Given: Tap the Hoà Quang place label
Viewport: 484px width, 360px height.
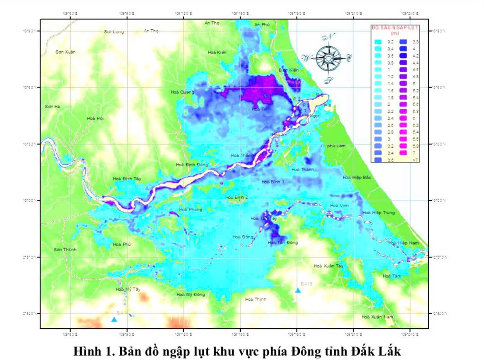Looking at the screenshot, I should [x=182, y=92].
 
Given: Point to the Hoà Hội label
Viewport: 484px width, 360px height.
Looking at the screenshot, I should [x=95, y=118].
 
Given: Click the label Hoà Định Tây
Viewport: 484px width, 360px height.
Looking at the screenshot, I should [x=127, y=179].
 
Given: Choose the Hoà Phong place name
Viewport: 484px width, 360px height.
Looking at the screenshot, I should [x=190, y=210].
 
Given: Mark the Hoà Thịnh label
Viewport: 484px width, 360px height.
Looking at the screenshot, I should [x=256, y=299].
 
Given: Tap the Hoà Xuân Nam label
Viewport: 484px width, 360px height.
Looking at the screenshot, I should [x=377, y=317].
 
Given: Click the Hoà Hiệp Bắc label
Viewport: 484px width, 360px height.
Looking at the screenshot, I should [x=357, y=177].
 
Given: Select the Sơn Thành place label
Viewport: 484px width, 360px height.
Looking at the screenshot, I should [x=65, y=250].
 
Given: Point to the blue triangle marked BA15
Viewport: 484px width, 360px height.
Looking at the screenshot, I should [x=298, y=290].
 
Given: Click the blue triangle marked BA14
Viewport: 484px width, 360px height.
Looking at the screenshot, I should [x=114, y=319].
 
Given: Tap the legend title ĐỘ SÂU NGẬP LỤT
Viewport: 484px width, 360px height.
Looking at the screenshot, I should [x=395, y=28].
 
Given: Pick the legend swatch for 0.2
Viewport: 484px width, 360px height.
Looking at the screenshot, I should [x=378, y=41].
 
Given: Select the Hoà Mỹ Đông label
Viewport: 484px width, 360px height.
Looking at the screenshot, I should [x=190, y=295].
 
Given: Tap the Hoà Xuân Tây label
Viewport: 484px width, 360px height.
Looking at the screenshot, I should [x=328, y=266].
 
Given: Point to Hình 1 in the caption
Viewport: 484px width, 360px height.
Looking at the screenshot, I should [x=91, y=350].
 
